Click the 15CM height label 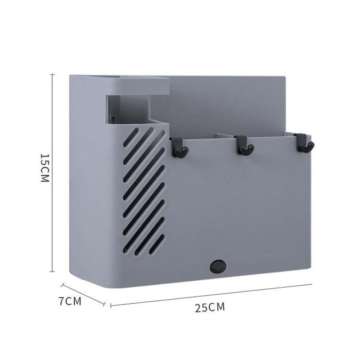(x=44, y=167)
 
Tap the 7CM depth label (x=70, y=301)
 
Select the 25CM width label (x=210, y=307)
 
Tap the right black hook (x=306, y=144)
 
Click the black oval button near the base (x=217, y=266)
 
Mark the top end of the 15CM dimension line (x=52, y=75)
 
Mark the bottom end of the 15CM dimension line (x=52, y=271)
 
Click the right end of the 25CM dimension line (x=311, y=284)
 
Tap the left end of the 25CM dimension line (x=111, y=306)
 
